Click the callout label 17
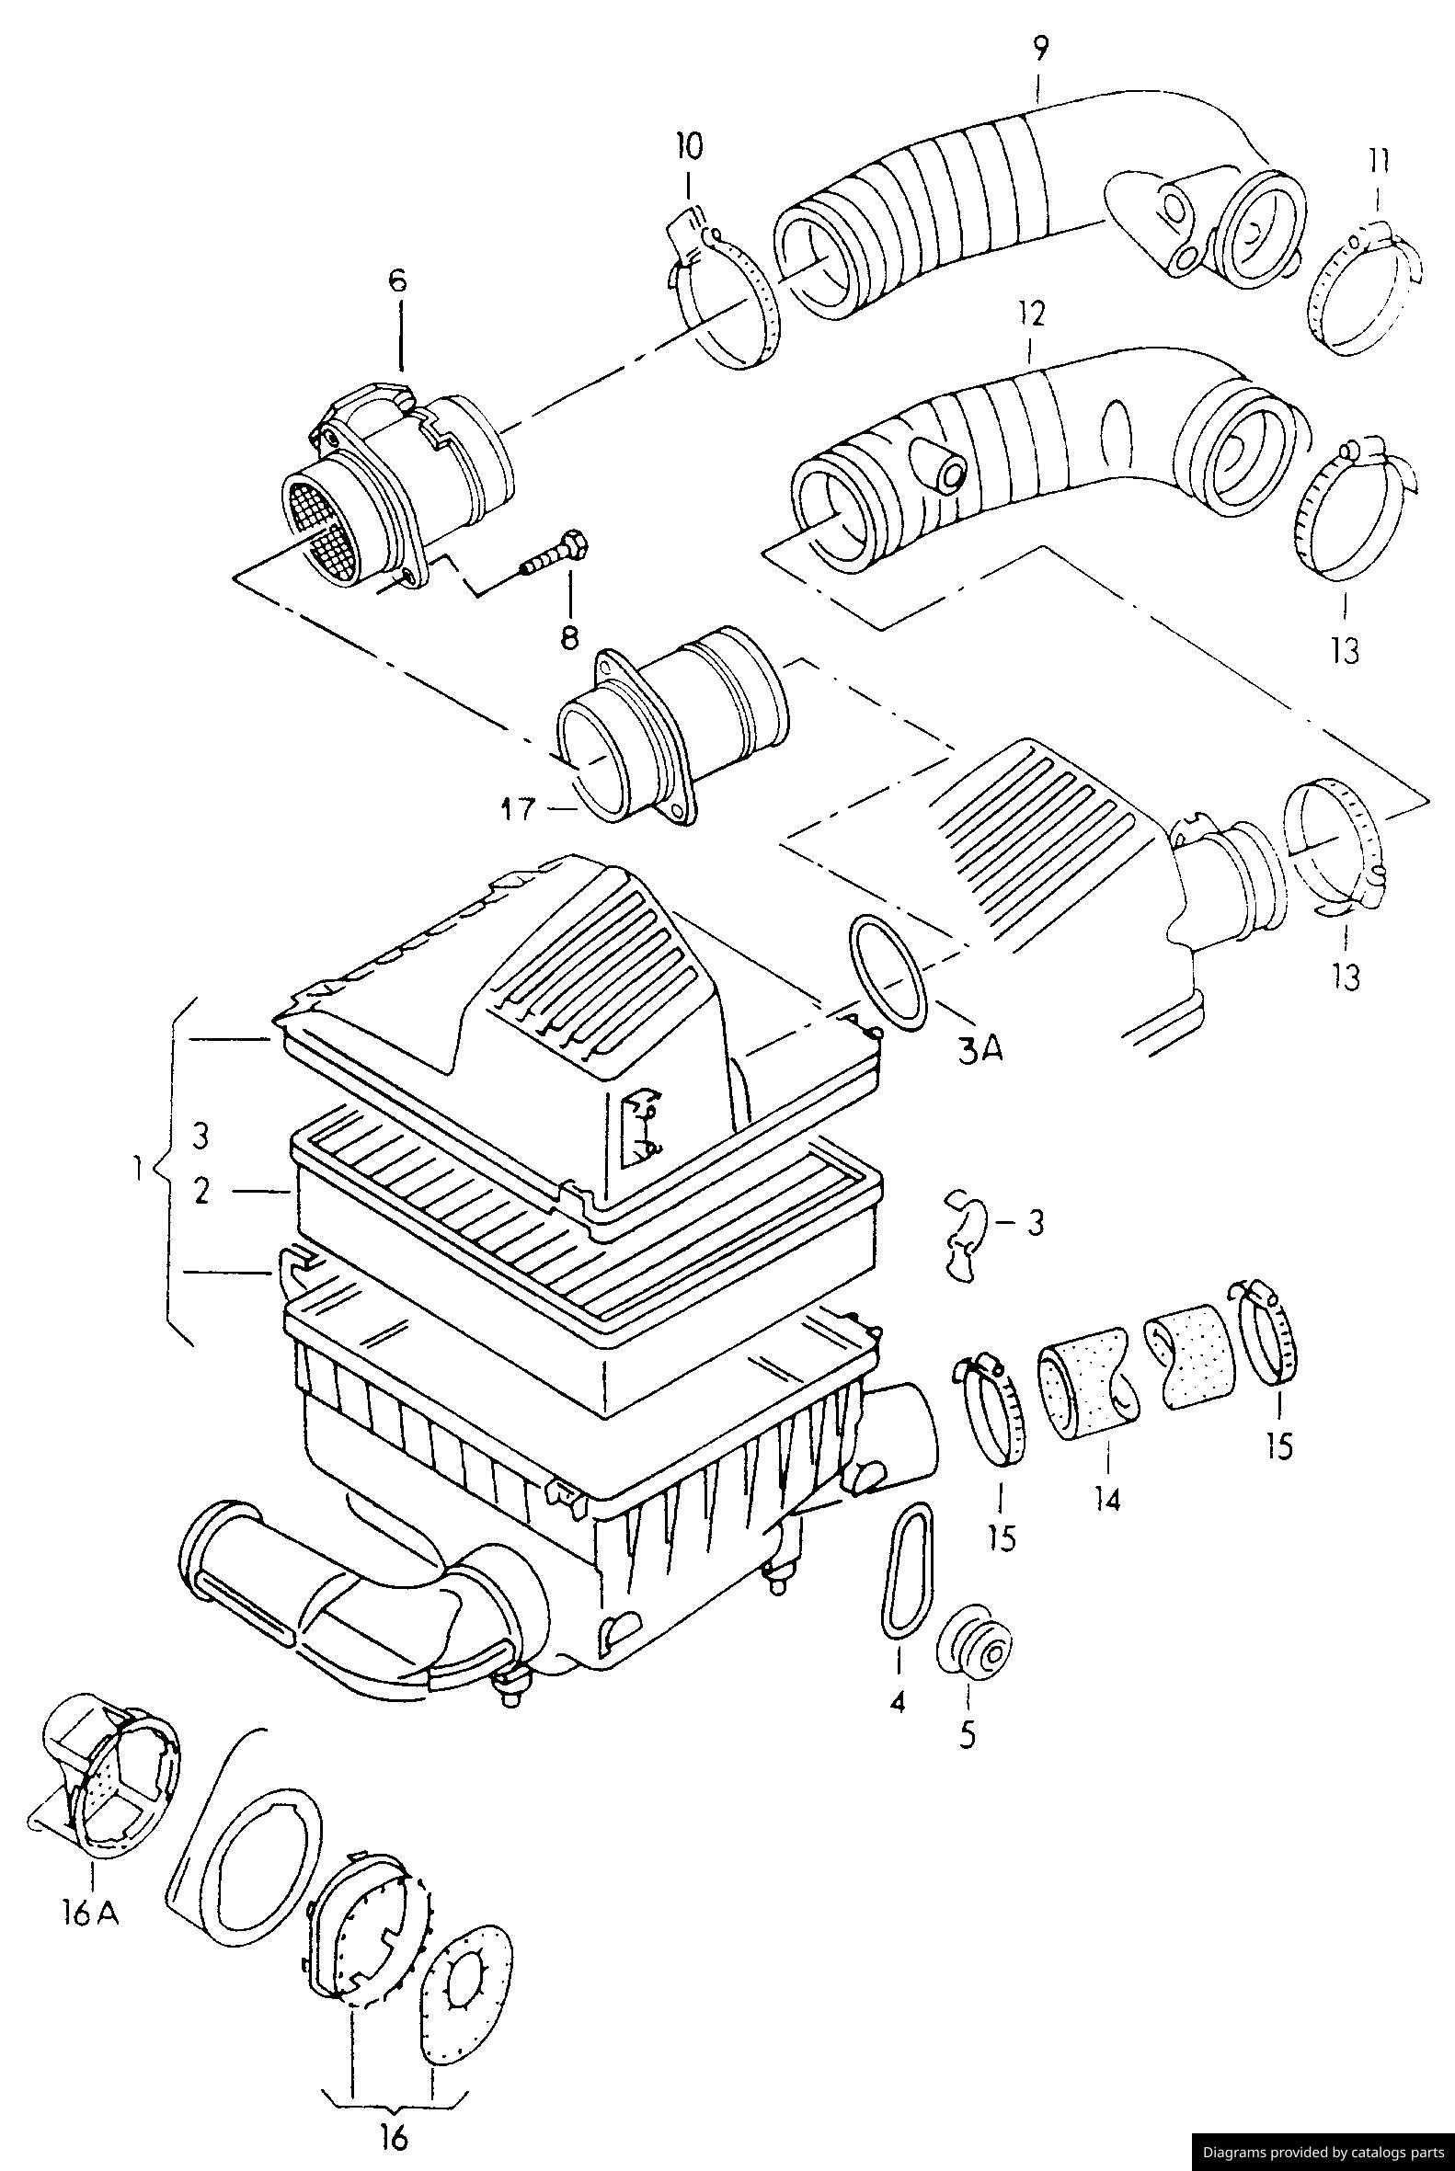click(x=520, y=810)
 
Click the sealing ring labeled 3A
click(x=888, y=970)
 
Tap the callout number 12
click(x=1031, y=313)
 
